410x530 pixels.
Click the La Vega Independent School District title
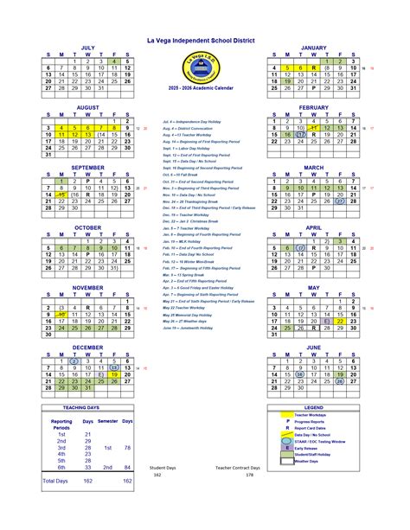point(206,41)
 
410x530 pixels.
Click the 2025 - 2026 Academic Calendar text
point(206,89)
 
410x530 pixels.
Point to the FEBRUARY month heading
point(313,106)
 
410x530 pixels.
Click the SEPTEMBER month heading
point(87,167)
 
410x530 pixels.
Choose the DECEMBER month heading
point(87,347)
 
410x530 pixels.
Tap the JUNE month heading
point(313,347)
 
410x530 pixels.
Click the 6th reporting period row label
point(62,467)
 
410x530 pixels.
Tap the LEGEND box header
point(313,407)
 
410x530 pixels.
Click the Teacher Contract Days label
point(237,467)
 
